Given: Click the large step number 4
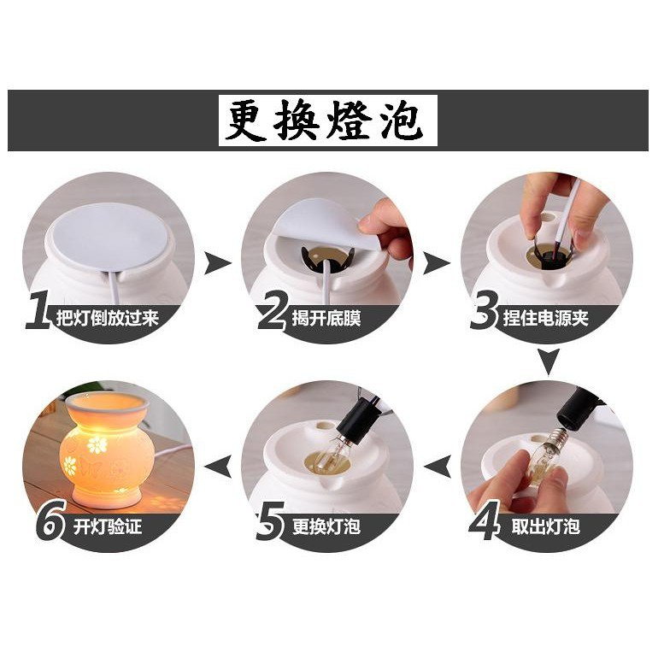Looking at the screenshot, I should click(484, 523).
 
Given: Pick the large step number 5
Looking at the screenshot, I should click(270, 523).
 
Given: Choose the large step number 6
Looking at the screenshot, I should click(50, 523).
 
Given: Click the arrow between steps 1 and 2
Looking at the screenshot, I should click(218, 261).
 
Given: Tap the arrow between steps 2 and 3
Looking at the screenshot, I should click(438, 261).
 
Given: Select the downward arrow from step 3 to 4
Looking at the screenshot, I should click(548, 361).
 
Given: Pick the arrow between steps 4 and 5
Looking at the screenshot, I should click(438, 467).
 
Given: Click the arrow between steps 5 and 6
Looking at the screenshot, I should click(219, 467).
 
